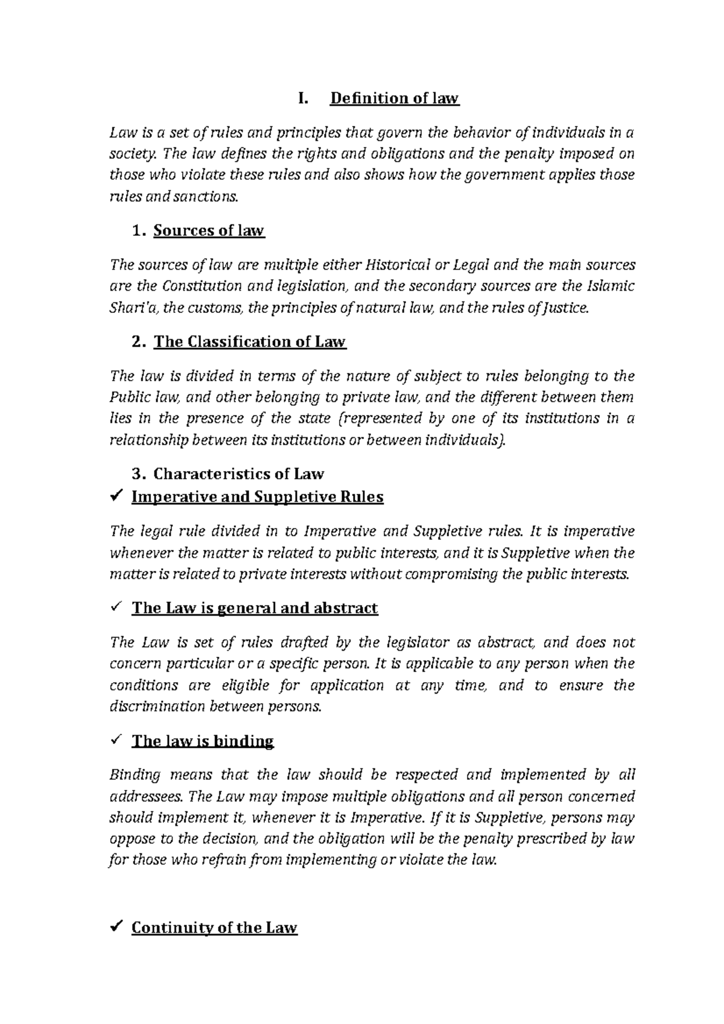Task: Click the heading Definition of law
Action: point(395,98)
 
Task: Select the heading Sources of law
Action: point(209,230)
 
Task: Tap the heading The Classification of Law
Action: point(249,342)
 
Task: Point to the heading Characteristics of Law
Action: point(238,473)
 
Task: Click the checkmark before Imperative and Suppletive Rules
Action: point(118,497)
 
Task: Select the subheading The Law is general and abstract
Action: point(255,608)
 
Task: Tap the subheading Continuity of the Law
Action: point(214,928)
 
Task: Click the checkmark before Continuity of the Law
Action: point(118,927)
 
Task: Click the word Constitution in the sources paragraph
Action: point(208,286)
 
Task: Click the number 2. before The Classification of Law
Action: point(138,342)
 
